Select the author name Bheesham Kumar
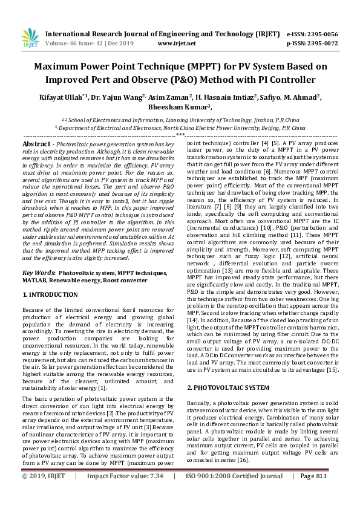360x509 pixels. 179,107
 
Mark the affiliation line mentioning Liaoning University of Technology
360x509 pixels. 180,120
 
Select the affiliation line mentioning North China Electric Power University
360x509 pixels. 180,128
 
